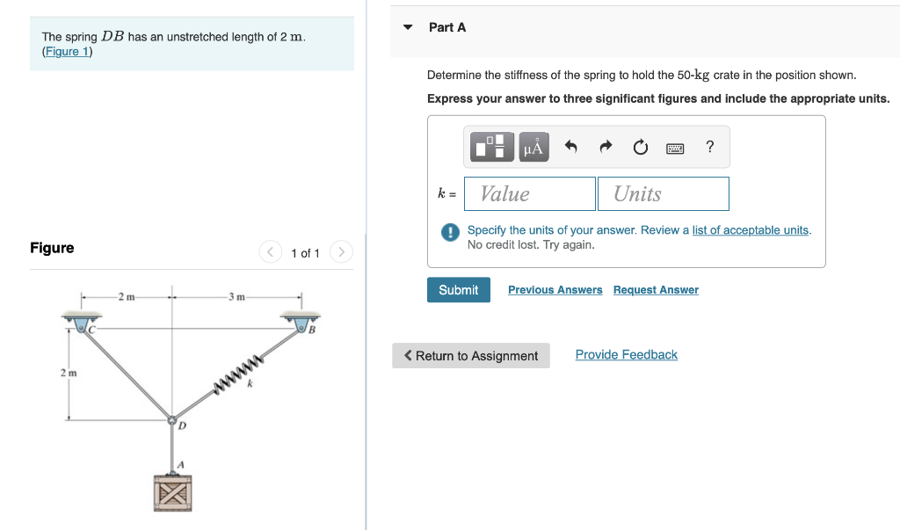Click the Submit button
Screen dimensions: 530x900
click(458, 290)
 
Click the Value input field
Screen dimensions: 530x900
click(530, 193)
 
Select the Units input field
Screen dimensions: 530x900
click(663, 193)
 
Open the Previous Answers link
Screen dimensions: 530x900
click(555, 290)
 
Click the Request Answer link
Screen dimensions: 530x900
click(656, 290)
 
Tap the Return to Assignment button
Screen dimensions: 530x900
click(470, 356)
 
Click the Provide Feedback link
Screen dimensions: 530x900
click(626, 355)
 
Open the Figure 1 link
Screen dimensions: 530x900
click(67, 52)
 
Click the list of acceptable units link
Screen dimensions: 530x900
click(751, 230)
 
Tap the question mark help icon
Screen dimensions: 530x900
click(710, 147)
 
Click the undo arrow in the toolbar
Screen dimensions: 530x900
click(570, 147)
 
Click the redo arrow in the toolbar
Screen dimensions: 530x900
click(606, 147)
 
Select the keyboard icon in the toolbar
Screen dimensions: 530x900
click(675, 148)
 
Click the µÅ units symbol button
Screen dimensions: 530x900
click(533, 147)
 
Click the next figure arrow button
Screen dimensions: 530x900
click(341, 253)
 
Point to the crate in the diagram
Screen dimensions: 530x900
click(172, 492)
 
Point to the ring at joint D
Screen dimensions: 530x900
click(171, 420)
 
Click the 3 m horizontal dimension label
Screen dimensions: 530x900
click(236, 296)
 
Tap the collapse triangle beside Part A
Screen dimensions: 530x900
click(408, 27)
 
